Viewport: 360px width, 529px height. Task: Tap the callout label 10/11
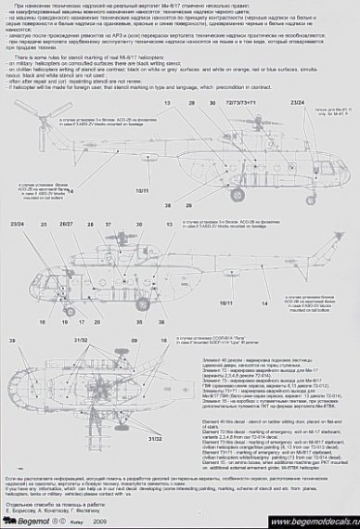click(142, 189)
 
